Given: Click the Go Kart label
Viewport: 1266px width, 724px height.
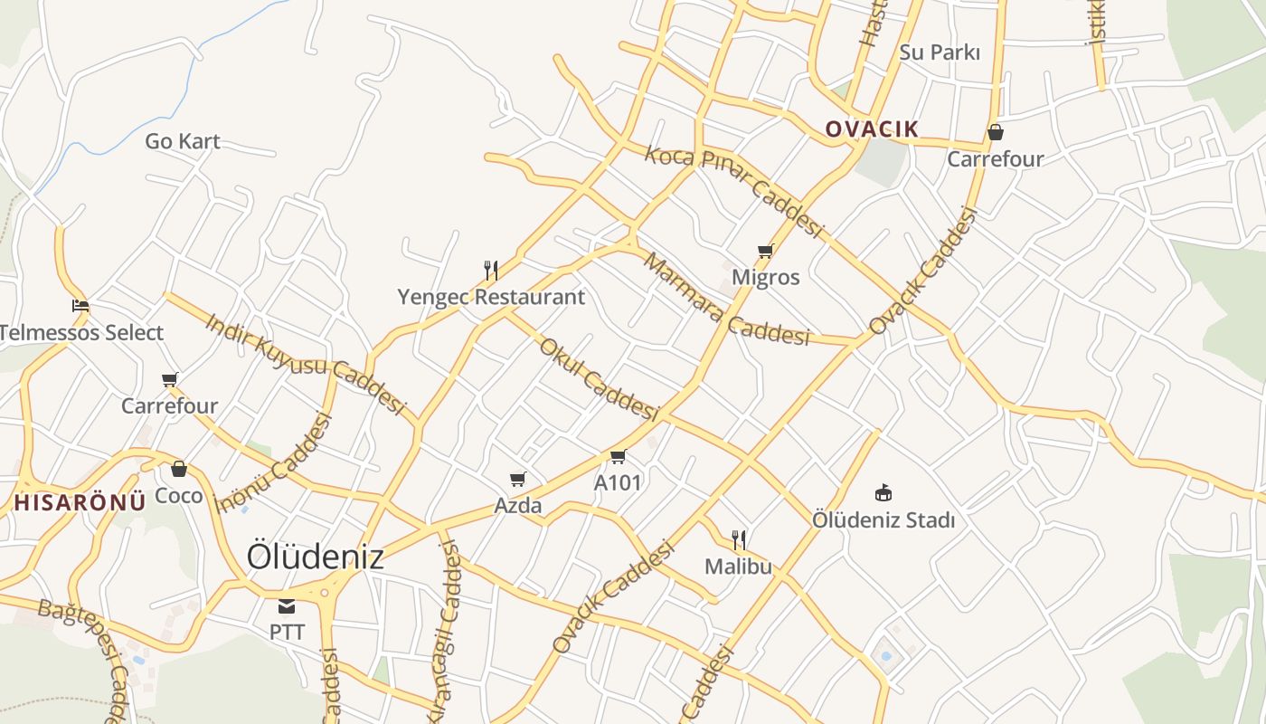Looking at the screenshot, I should [x=182, y=141].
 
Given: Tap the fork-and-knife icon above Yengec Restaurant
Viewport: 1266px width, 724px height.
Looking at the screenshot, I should [x=491, y=270].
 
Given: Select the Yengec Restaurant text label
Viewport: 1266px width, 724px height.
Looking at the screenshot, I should [x=491, y=297].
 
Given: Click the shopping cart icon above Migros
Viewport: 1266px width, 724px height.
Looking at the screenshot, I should [x=766, y=251].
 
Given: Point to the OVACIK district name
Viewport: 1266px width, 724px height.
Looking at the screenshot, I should [x=872, y=129].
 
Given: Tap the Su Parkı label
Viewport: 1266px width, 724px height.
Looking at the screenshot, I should [x=940, y=52].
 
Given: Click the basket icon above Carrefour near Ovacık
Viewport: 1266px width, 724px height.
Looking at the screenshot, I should [x=996, y=132].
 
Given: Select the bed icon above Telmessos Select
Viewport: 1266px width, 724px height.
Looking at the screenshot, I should [x=80, y=306].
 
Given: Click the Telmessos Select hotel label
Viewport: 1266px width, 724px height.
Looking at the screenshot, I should [x=81, y=333].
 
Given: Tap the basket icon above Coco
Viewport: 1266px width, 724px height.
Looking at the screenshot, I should [x=179, y=469].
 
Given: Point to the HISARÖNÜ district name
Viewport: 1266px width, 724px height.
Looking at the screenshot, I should [x=80, y=503].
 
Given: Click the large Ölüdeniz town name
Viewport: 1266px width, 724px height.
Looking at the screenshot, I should [x=316, y=556].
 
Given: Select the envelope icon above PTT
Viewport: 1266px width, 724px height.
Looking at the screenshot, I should [x=287, y=605].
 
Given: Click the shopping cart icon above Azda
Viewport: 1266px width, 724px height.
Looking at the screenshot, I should [x=518, y=479].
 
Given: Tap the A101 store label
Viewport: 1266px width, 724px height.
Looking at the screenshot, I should [x=618, y=483].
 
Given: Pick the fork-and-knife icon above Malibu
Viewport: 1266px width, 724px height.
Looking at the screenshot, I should [x=739, y=540].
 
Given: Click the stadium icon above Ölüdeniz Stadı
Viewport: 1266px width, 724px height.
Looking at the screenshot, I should [x=883, y=493].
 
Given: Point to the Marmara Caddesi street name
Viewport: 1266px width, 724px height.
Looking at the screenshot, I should [x=726, y=300].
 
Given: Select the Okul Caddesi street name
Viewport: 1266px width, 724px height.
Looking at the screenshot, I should [x=597, y=379].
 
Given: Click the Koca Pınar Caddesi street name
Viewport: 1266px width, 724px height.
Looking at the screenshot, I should [x=733, y=191].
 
